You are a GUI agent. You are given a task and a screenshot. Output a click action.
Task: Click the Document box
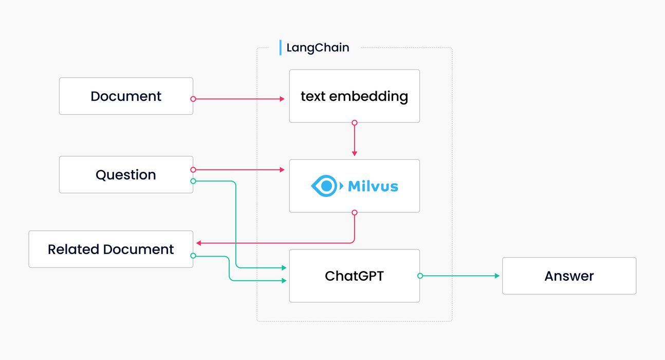126,96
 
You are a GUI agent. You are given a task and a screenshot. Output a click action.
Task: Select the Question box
126,175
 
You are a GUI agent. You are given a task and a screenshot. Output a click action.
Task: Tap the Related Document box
110,249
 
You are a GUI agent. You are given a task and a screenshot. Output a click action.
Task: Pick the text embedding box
354,96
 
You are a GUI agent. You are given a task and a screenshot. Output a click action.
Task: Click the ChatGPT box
354,276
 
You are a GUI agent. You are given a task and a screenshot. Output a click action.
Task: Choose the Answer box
569,276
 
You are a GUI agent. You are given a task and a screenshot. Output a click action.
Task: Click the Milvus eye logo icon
324,186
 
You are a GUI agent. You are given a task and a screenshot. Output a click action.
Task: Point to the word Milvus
373,186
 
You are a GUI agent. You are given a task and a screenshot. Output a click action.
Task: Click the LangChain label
318,48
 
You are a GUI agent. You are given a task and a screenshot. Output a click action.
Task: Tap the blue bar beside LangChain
281,48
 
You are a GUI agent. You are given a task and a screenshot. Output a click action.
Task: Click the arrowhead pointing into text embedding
282,99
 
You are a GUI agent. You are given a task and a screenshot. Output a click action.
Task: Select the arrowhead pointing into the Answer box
497,276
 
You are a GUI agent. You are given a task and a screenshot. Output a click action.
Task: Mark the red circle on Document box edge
193,99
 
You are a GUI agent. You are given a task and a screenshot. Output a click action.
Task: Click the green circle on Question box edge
193,181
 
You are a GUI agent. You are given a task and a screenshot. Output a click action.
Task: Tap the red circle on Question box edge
193,169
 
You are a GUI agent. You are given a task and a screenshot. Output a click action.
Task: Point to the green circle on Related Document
193,256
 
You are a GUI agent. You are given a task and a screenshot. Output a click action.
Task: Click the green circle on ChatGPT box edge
420,276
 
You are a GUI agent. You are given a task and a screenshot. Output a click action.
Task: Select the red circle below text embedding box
354,123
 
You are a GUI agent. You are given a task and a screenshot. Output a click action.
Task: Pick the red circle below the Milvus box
354,212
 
